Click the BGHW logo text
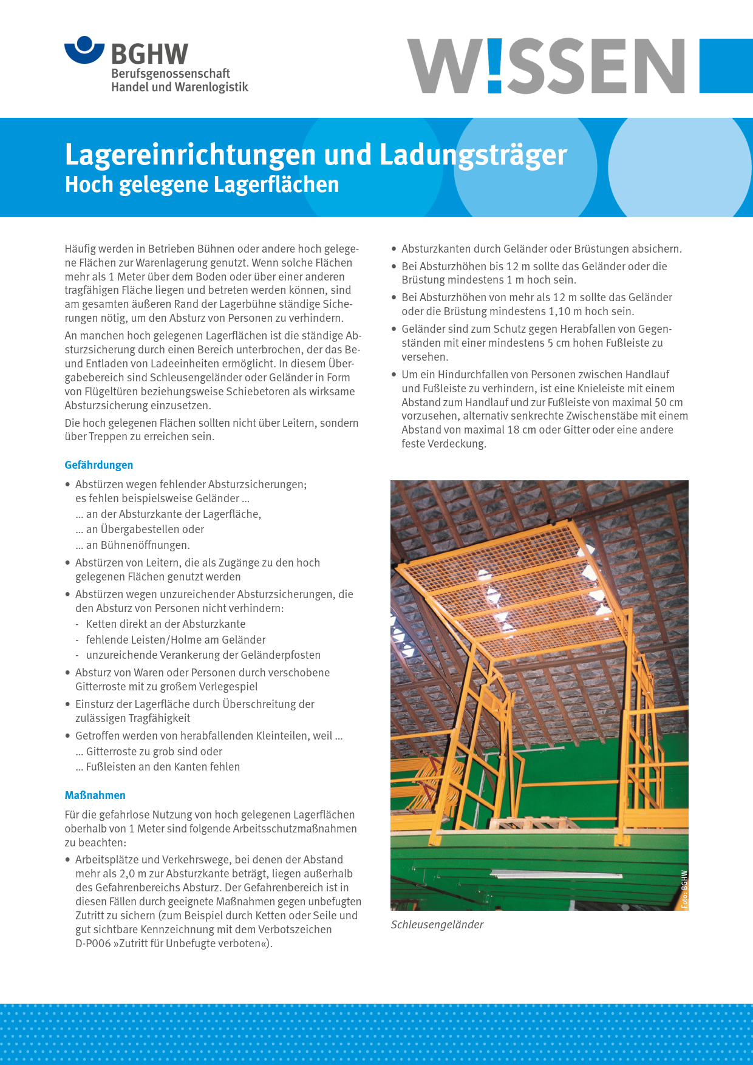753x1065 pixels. click(x=149, y=55)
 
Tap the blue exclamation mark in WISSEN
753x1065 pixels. click(x=494, y=66)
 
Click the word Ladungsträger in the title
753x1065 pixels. click(x=473, y=155)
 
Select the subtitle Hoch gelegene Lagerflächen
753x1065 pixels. click(x=202, y=185)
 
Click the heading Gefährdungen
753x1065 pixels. click(x=99, y=465)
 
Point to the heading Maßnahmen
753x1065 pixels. click(x=95, y=795)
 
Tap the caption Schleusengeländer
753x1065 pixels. click(x=437, y=925)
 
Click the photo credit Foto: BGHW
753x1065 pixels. click(x=684, y=889)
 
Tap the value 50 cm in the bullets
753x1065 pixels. click(x=668, y=403)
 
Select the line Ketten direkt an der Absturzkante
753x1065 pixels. click(x=166, y=624)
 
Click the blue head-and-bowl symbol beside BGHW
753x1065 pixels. click(x=84, y=50)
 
